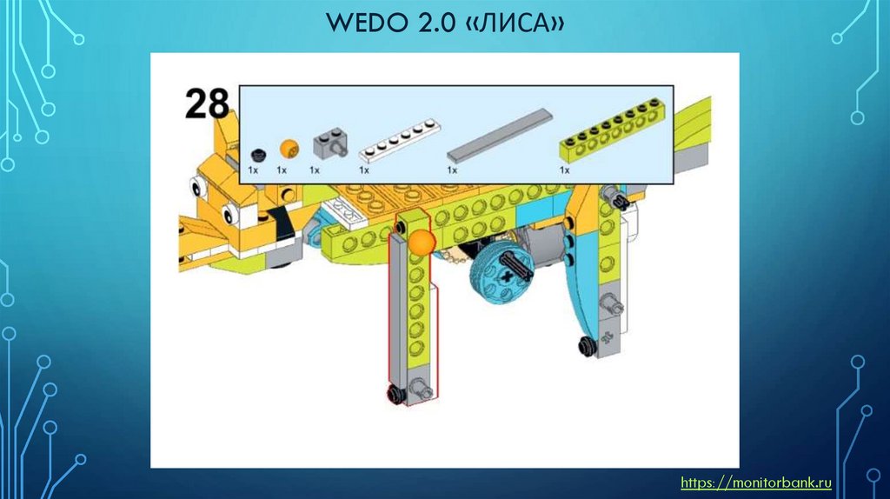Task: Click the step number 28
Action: [207, 103]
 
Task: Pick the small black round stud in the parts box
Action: [256, 154]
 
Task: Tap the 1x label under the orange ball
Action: [282, 170]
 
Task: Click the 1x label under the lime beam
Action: [565, 170]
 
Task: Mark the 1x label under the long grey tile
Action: [452, 170]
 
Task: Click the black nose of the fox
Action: [281, 224]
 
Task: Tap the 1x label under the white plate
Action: [364, 170]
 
